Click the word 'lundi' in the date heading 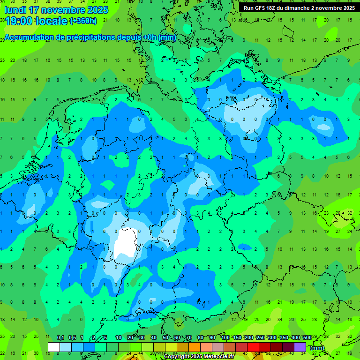click(x=16, y=10)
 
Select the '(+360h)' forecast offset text click(x=83, y=21)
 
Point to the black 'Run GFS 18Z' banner click(x=299, y=7)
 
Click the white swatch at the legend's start click(x=54, y=347)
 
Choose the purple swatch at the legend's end click(x=300, y=347)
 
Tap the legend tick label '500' click(x=307, y=337)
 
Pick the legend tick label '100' click(x=225, y=337)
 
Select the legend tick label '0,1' click(x=60, y=337)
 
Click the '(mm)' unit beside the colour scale click(x=317, y=348)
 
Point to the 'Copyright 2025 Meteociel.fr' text click(x=199, y=357)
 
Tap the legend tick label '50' click(x=165, y=337)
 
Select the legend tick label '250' click(x=261, y=337)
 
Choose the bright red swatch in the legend click(x=253, y=347)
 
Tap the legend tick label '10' click(x=119, y=337)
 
